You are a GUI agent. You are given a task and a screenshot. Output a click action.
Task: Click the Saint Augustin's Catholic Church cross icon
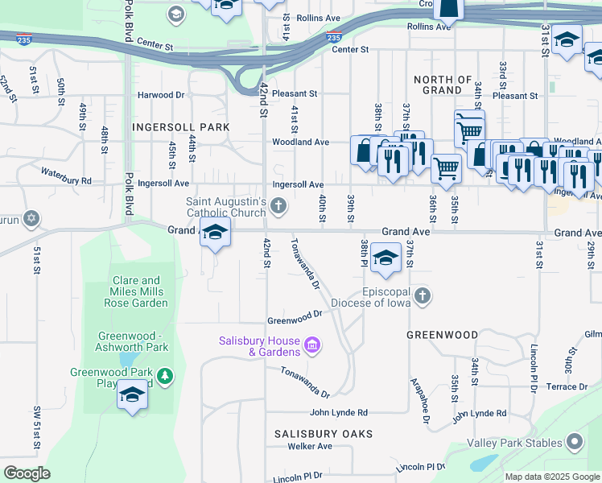pyautogui.click(x=278, y=207)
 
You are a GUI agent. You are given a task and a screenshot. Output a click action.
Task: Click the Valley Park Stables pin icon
pyautogui.click(x=575, y=442)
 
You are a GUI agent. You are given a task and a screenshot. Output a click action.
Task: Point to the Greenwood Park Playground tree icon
pyautogui.click(x=165, y=376)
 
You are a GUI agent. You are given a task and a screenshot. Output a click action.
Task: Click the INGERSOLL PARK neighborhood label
pyautogui.click(x=182, y=127)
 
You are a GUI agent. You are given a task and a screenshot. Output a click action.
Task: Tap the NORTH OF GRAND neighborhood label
pyautogui.click(x=442, y=85)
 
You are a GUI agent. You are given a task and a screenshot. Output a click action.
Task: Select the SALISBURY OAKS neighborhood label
pyautogui.click(x=323, y=434)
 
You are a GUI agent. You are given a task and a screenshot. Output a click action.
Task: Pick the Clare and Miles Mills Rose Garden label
pyautogui.click(x=136, y=291)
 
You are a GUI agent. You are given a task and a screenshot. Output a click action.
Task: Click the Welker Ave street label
pyautogui.click(x=310, y=446)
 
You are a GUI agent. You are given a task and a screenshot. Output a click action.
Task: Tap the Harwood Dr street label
pyautogui.click(x=161, y=95)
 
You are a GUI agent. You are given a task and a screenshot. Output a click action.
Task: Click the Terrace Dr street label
pyautogui.click(x=567, y=387)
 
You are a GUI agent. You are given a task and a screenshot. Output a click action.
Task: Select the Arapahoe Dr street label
pyautogui.click(x=419, y=399)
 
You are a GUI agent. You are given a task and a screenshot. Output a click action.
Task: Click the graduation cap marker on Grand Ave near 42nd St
pyautogui.click(x=215, y=233)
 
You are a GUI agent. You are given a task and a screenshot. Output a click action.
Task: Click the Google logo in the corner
pyautogui.click(x=27, y=473)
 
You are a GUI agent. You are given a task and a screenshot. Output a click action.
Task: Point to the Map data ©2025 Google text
pyautogui.click(x=552, y=477)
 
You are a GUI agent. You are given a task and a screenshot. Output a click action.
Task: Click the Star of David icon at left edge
pyautogui.click(x=31, y=218)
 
